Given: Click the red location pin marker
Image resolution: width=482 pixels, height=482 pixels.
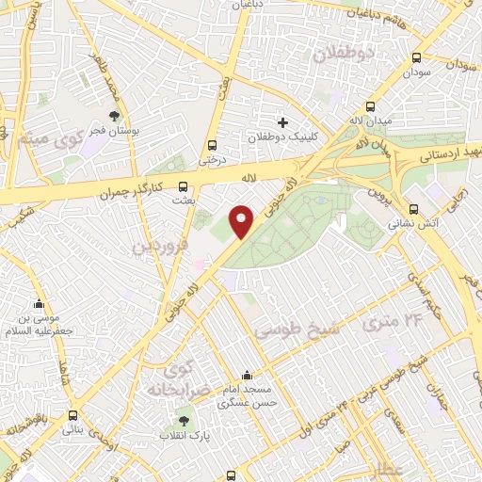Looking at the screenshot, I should click(x=242, y=221).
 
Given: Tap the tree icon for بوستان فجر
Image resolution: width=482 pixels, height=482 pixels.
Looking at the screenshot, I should click(x=115, y=117).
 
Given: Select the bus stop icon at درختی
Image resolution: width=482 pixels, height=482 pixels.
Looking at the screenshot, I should click(x=211, y=145).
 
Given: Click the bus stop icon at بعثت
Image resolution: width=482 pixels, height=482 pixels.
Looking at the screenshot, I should click(x=183, y=185).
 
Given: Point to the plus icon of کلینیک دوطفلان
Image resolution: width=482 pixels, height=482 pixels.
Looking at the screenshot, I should click(x=282, y=122).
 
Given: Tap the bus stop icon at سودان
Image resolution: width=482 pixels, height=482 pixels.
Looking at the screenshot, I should click(x=416, y=57).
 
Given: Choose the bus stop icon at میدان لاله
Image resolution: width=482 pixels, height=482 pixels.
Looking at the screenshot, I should click(x=371, y=106).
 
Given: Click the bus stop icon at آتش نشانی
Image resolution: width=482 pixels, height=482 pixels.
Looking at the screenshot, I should click(x=413, y=210).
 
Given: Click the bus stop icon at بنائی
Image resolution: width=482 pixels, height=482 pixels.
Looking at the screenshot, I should click(x=72, y=415).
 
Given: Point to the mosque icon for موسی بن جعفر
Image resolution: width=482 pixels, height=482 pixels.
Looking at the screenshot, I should click(x=39, y=304).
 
